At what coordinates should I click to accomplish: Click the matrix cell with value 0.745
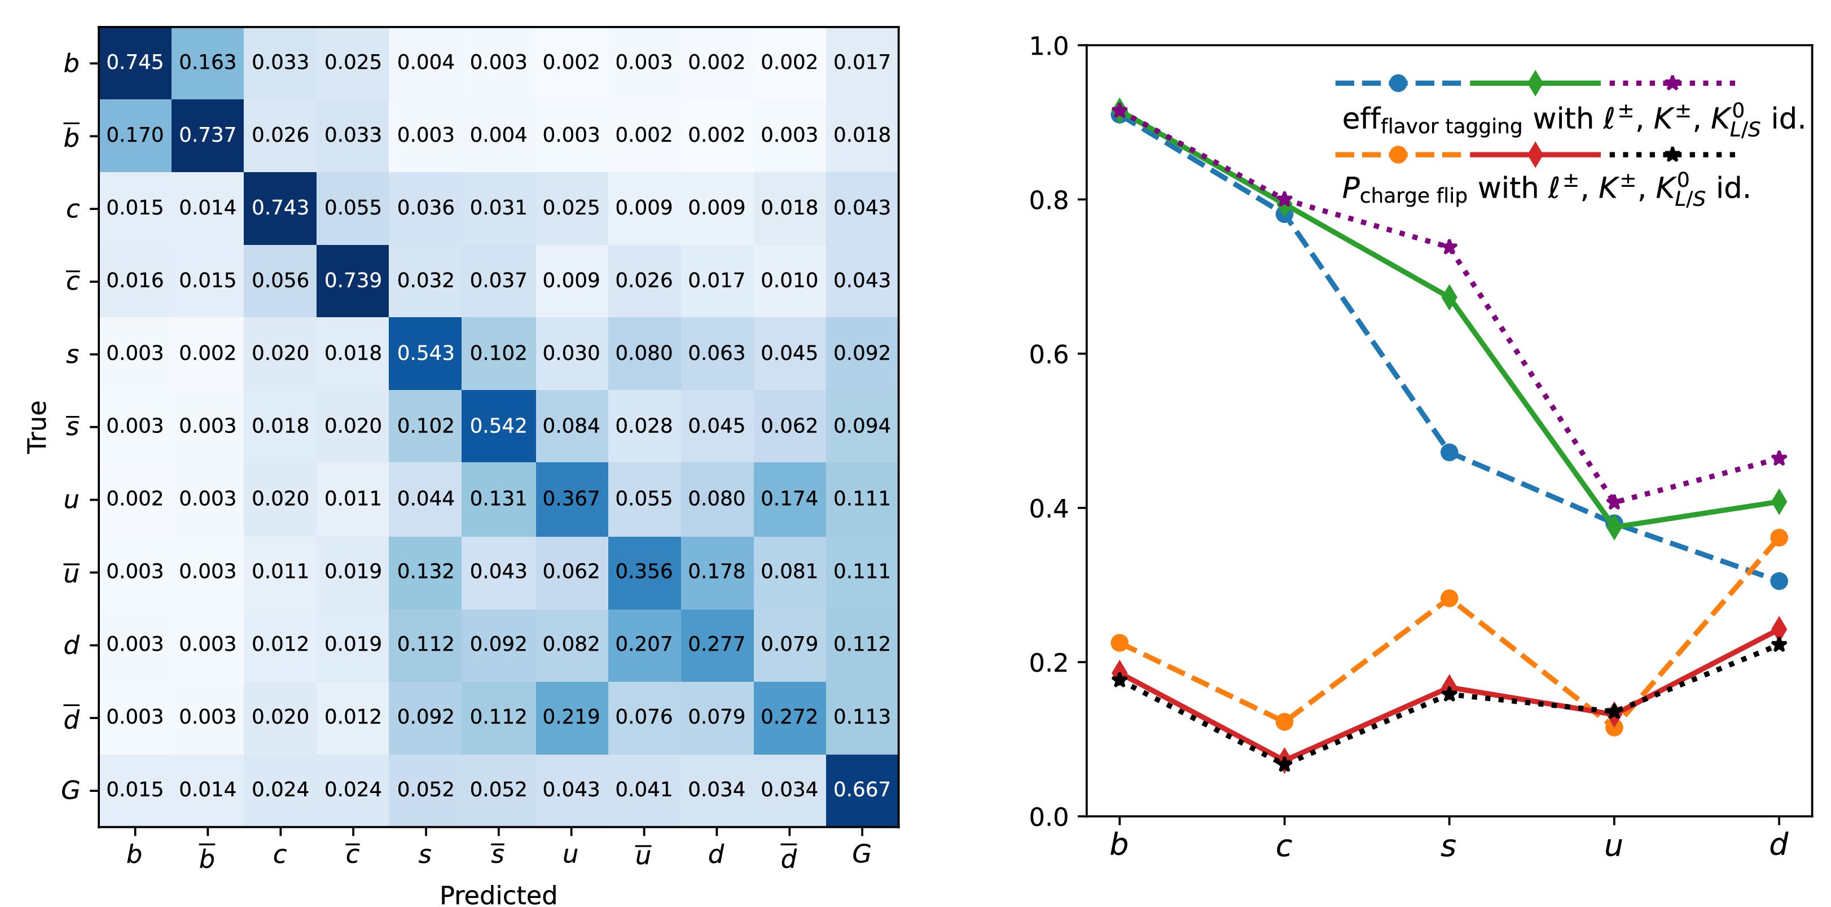click(x=135, y=63)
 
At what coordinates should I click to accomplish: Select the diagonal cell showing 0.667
click(x=862, y=790)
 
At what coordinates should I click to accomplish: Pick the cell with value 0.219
click(x=571, y=716)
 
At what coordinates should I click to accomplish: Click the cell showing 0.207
click(x=644, y=644)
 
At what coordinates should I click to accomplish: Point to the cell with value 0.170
click(x=135, y=135)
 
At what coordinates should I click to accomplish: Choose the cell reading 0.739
click(x=353, y=280)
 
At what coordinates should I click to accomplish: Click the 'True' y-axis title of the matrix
click(x=37, y=427)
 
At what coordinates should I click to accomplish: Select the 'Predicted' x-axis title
click(x=498, y=894)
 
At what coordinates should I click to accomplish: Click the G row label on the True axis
click(x=71, y=790)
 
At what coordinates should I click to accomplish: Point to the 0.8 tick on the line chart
click(x=1048, y=200)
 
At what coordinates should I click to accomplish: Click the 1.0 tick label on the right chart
click(x=1048, y=46)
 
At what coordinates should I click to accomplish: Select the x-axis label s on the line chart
click(x=1448, y=846)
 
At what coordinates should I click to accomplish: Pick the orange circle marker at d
click(x=1779, y=537)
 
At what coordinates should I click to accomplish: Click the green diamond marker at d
click(x=1779, y=502)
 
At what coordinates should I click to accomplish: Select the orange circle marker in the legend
click(x=1398, y=154)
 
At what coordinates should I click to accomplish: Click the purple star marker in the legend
click(x=1672, y=83)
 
